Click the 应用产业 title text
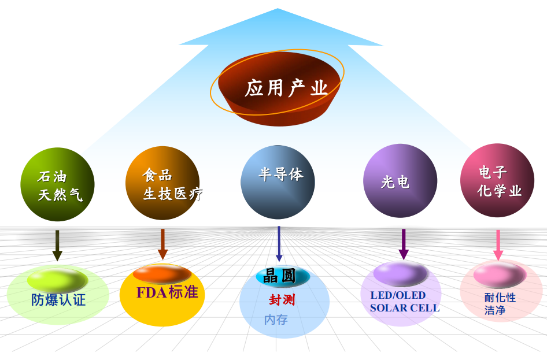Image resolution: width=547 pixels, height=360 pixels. (286, 88)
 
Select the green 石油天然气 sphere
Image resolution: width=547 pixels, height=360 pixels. (58, 184)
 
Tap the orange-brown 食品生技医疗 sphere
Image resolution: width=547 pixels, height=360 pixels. (162, 183)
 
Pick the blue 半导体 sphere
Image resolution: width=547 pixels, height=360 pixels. (278, 182)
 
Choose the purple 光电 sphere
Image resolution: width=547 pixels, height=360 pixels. (400, 181)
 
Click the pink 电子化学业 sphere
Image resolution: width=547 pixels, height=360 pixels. (497, 180)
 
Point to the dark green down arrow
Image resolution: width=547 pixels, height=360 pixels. (57, 246)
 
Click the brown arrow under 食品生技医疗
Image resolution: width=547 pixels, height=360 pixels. (162, 244)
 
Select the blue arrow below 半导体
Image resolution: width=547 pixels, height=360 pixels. (279, 244)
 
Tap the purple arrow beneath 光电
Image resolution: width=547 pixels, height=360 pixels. (404, 244)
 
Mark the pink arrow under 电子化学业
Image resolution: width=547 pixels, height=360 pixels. (498, 245)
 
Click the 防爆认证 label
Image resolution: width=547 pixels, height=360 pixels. (58, 300)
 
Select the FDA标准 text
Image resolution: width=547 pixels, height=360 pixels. (167, 292)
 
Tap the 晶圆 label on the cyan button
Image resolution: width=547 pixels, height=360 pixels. (279, 276)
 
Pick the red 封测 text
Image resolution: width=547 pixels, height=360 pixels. (282, 300)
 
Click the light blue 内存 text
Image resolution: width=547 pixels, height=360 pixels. (276, 320)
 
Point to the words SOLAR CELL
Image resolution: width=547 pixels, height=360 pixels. (405, 308)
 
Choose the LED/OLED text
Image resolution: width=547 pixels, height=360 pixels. (398, 295)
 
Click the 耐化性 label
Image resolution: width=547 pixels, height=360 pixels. (500, 298)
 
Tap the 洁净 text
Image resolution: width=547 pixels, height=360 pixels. (495, 310)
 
